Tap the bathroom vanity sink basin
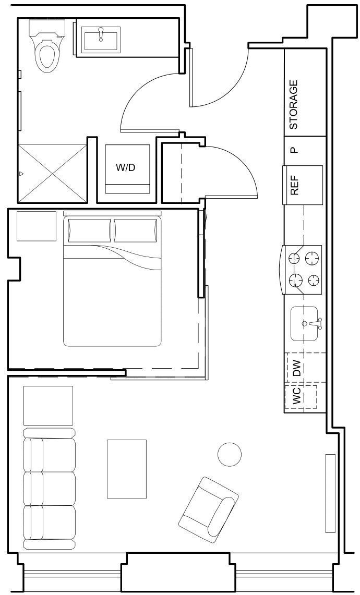tap(102, 37)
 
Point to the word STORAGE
tap(293, 104)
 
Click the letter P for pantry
tap(294, 151)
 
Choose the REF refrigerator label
tap(294, 185)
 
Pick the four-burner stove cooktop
tap(303, 270)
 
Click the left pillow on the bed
tap(89, 230)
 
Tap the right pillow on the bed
tap(135, 230)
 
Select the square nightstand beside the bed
tap(37, 226)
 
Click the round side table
tap(230, 454)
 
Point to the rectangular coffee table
tap(127, 469)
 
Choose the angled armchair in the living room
tap(209, 509)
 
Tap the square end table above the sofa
tap(48, 405)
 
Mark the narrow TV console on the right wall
tap(330, 493)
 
